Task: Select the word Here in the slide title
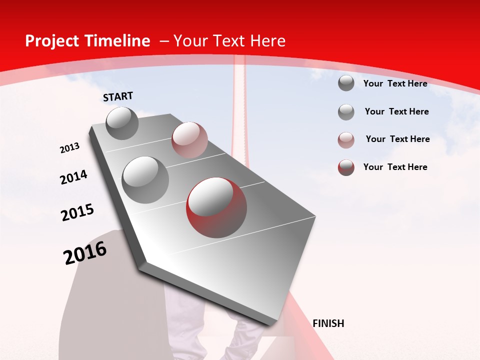267,41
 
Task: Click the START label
118,96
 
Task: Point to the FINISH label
328,323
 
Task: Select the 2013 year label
70,148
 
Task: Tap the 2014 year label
74,177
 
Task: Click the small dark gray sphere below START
122,123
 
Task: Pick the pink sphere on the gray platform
189,140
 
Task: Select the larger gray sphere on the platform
145,180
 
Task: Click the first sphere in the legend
346,83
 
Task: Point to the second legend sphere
346,112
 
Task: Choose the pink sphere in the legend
346,139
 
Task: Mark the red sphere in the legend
346,167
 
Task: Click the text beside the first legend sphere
395,83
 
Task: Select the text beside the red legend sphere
395,167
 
